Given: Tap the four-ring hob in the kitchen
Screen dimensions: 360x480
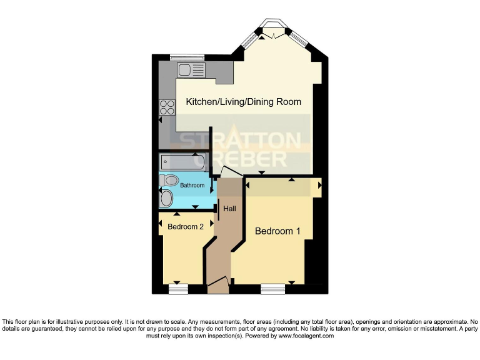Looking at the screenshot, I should [167, 107].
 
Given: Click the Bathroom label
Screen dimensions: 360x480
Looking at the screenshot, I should [192, 186].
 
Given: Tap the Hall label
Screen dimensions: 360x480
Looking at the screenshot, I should [229, 208].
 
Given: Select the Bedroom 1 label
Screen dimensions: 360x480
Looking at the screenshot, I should [277, 231].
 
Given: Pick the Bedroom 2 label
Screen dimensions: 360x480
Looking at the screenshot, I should [186, 227].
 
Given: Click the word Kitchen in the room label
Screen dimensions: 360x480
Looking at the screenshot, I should [194, 101].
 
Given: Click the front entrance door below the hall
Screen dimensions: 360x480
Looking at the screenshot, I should [218, 286].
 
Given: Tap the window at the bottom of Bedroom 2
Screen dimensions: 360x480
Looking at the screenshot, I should [178, 289].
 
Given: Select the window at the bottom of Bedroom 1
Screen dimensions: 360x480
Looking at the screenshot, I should [272, 289].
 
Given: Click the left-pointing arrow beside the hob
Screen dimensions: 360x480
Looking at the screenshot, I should [160, 119].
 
